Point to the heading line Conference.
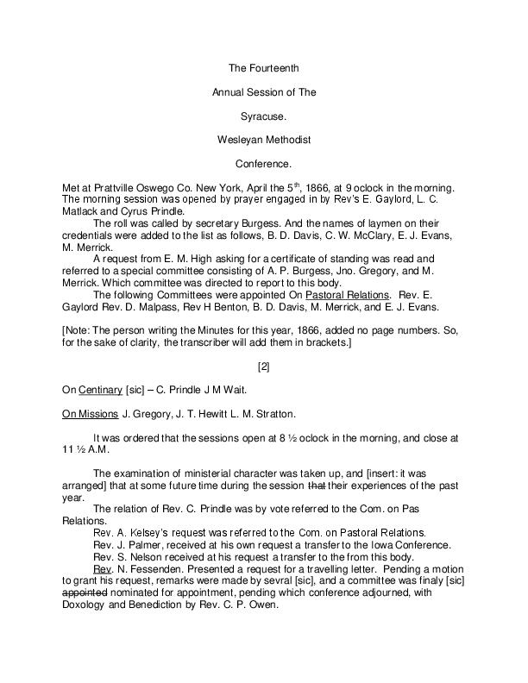pos(264,162)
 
